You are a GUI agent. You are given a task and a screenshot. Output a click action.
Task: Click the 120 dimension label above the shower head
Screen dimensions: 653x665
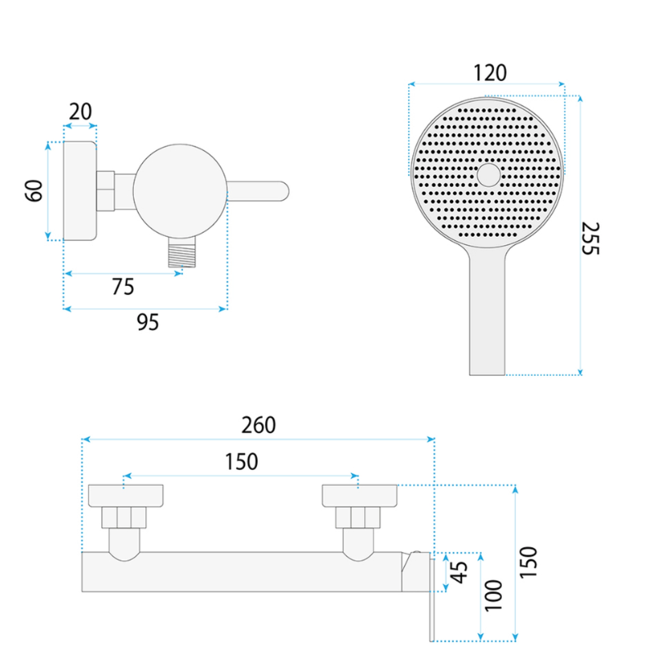490,73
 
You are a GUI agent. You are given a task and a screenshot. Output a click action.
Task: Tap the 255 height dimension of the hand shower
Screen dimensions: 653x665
590,239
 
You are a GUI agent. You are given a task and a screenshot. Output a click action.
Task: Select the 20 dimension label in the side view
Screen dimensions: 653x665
80,112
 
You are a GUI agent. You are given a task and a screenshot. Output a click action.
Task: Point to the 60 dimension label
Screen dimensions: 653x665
34,190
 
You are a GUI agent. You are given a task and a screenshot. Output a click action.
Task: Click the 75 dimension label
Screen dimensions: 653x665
123,287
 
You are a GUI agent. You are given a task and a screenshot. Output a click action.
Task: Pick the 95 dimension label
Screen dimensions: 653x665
148,323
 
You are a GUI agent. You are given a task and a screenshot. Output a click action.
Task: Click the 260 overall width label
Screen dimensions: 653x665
259,425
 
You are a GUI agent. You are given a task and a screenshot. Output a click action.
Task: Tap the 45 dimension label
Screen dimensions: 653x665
459,572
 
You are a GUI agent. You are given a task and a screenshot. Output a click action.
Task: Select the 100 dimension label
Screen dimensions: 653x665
493,596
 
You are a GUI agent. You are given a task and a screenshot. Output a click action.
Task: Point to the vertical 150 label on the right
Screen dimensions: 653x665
528,562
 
